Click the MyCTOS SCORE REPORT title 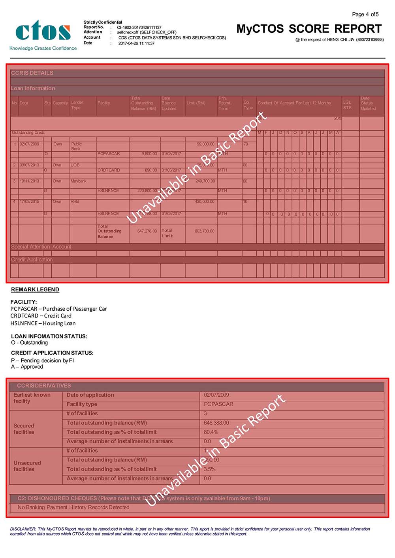[x=309, y=29]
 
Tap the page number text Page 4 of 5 [x=365, y=15]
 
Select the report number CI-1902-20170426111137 [x=139, y=28]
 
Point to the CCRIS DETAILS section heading [x=32, y=73]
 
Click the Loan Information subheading [x=33, y=88]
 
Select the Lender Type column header [x=77, y=105]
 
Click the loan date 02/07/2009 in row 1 [x=29, y=144]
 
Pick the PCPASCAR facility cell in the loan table [x=109, y=153]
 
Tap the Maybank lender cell [x=78, y=181]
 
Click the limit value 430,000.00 [x=205, y=202]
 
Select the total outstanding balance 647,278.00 [x=147, y=231]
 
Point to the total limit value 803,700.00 [x=205, y=231]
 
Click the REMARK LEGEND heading [x=35, y=289]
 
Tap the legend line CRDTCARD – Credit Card [x=41, y=316]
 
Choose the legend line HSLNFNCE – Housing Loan [x=43, y=323]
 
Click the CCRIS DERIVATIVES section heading [x=44, y=386]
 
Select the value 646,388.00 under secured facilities [x=216, y=423]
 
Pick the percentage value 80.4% [x=211, y=432]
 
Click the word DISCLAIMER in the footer [x=23, y=529]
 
